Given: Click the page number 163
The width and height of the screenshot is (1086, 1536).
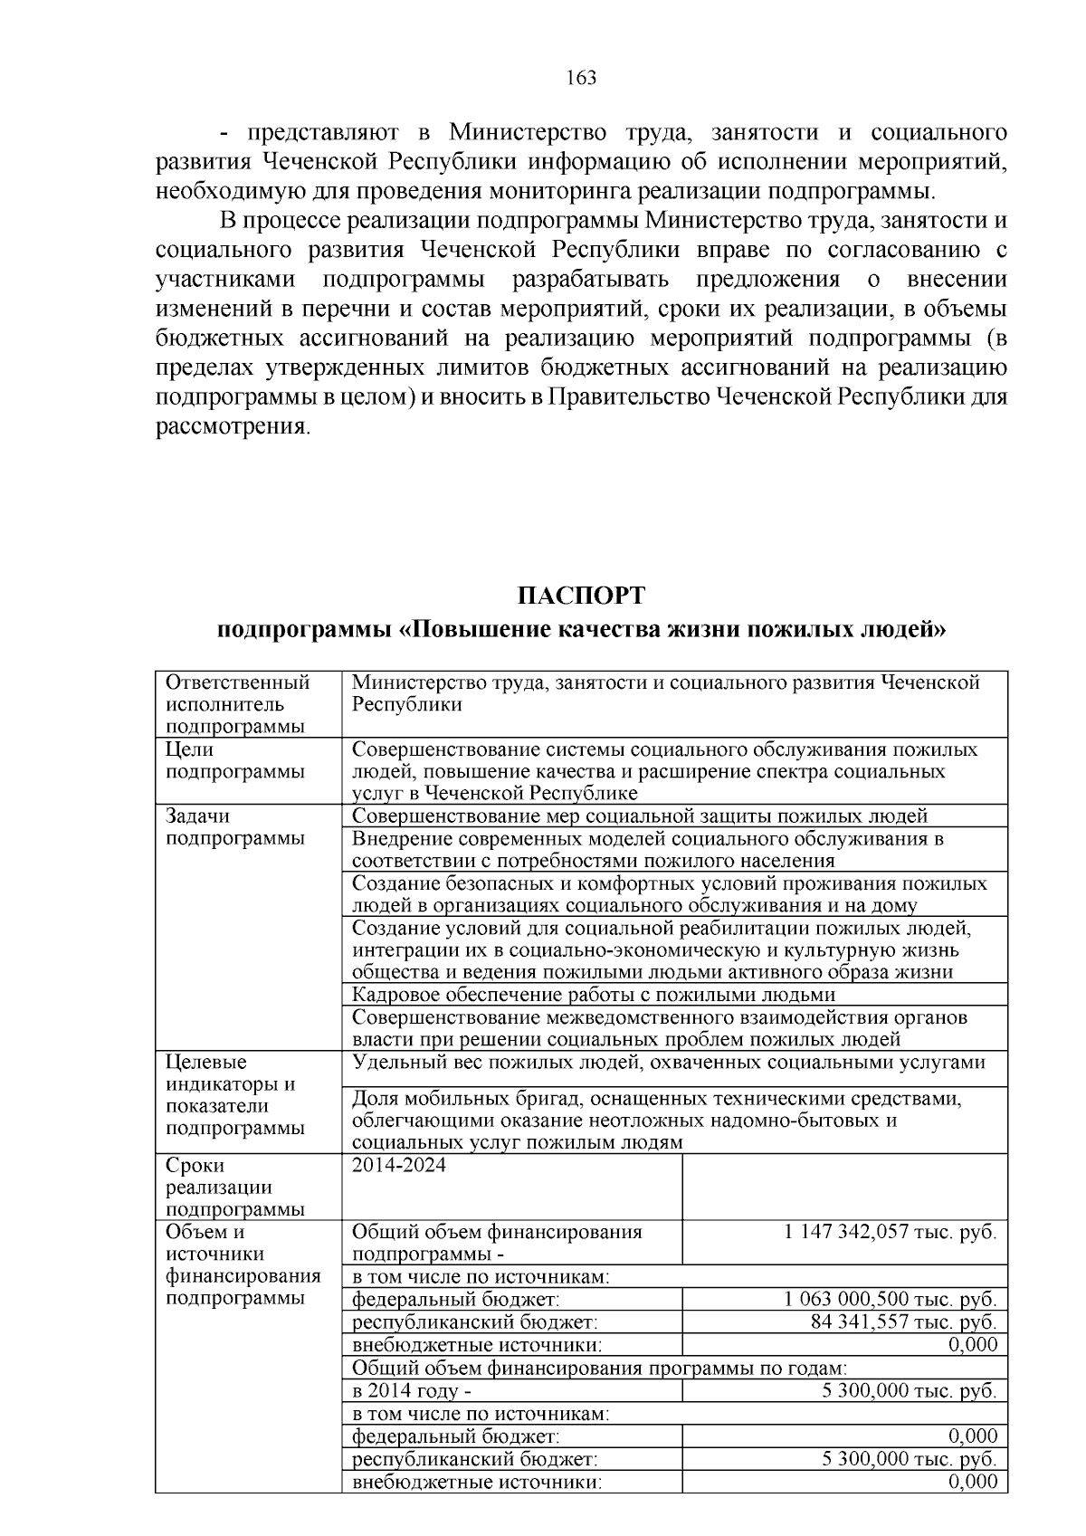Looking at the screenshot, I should tap(581, 78).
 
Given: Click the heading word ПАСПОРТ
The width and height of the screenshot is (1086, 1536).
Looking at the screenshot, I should tap(581, 596).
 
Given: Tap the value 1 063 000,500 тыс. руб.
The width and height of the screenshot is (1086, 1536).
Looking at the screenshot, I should tap(891, 1300).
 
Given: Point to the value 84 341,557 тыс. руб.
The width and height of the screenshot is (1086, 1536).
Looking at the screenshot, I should tap(903, 1322).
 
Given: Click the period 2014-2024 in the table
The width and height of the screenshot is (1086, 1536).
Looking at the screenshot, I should tap(398, 1166).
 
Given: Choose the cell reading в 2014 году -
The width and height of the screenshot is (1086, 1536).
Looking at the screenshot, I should tap(412, 1390).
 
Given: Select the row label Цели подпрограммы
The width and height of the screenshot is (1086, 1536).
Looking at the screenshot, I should tap(235, 760).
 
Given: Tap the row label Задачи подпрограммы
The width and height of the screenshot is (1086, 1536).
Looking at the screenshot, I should tap(235, 826).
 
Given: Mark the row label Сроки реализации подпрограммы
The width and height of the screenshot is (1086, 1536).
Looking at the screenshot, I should tap(235, 1187).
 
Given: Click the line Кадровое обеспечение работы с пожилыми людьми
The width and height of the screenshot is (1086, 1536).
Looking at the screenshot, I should tap(593, 995).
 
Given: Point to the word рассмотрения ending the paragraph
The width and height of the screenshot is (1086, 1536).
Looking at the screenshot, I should tap(233, 426).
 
